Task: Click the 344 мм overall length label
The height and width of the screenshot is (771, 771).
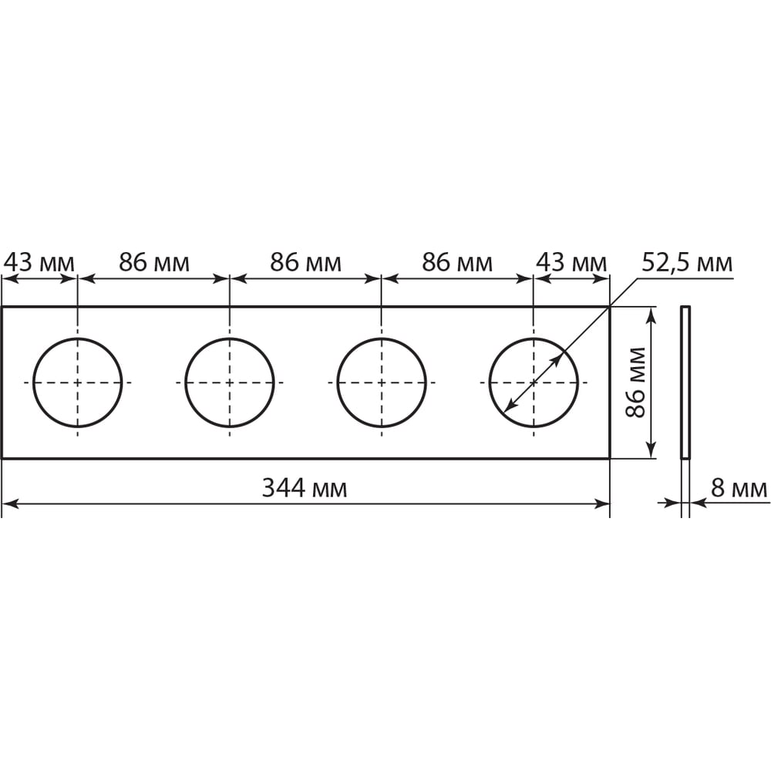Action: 305,488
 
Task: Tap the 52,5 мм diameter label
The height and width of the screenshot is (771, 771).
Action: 687,263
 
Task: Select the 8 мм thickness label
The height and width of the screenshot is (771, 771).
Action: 739,489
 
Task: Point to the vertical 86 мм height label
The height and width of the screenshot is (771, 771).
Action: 635,382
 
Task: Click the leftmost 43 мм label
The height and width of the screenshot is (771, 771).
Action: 39,263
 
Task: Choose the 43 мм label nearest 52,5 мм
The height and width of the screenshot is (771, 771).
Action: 571,263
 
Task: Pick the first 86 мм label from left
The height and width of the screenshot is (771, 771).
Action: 154,263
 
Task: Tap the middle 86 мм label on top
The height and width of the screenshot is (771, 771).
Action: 305,263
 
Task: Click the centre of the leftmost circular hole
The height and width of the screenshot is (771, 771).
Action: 77,382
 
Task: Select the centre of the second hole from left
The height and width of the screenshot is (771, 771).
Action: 229,382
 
